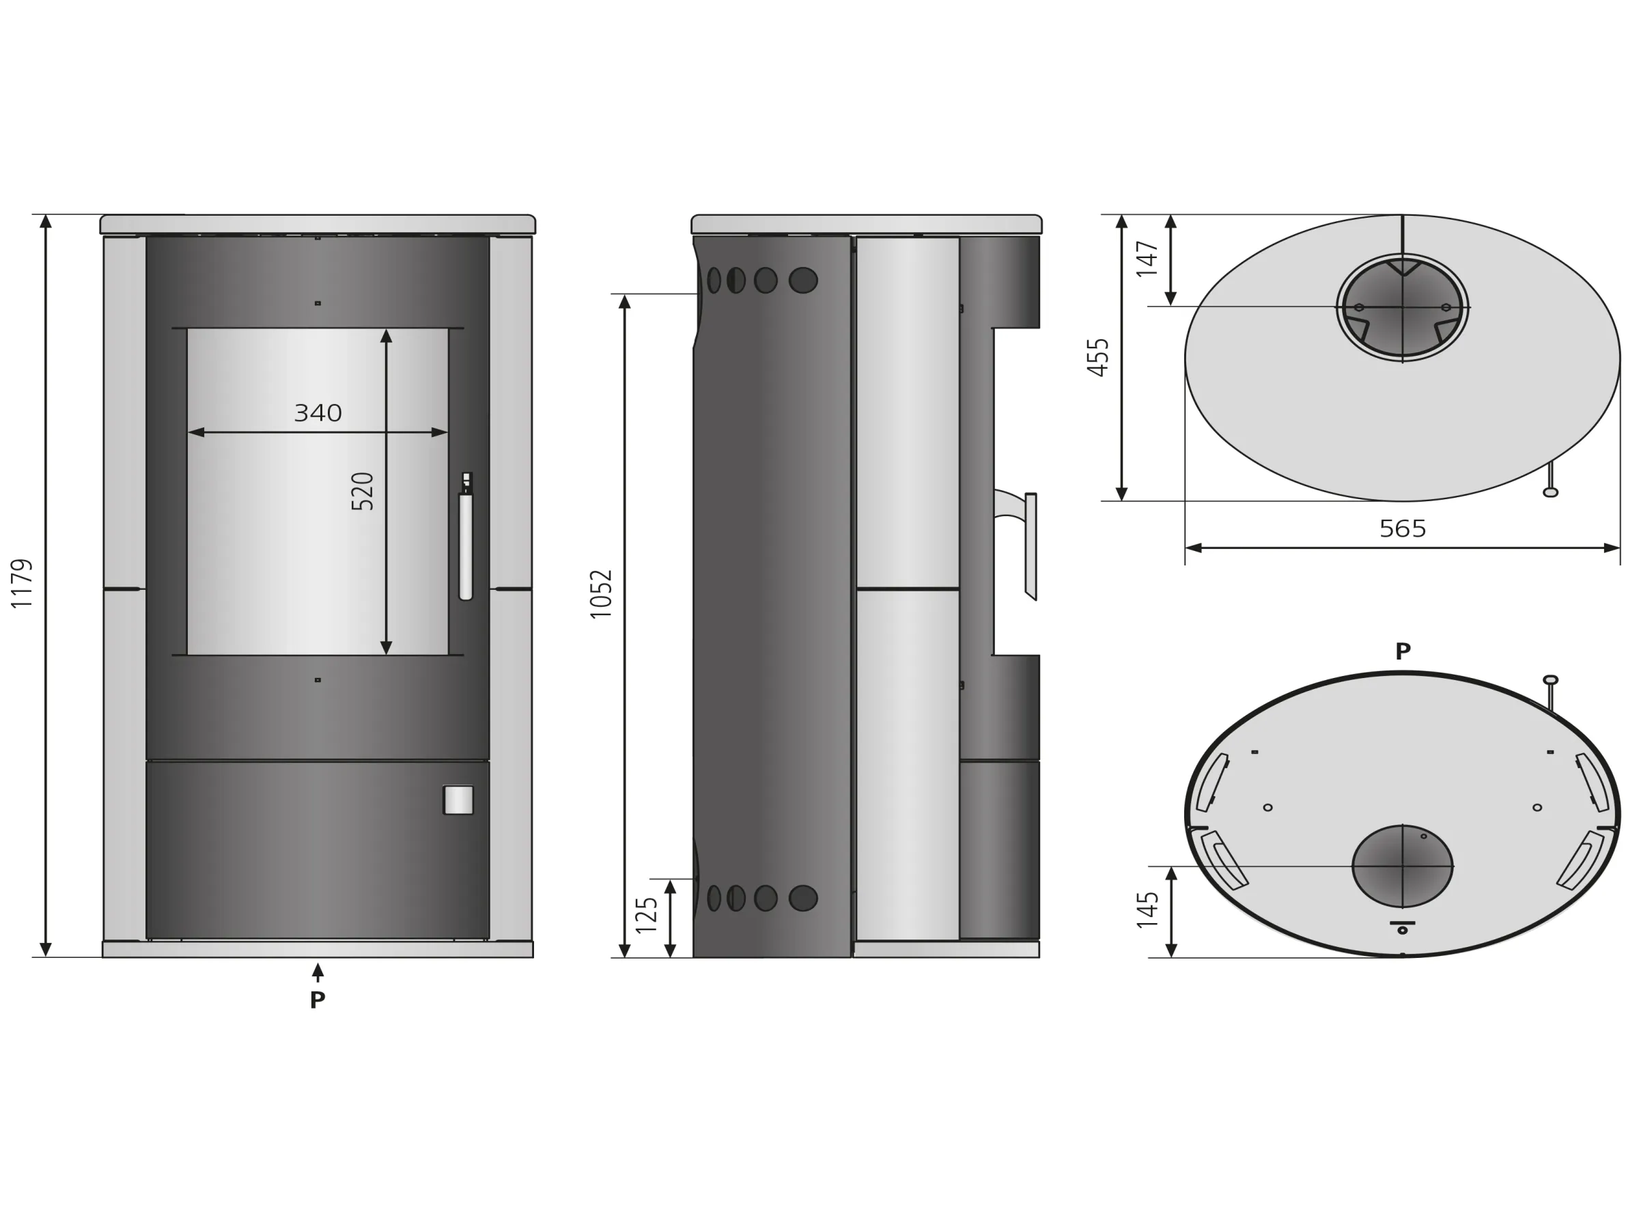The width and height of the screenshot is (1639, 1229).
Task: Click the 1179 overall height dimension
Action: click(x=23, y=584)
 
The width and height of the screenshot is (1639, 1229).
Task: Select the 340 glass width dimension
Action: click(x=318, y=412)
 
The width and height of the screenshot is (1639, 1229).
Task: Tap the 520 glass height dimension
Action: click(x=363, y=491)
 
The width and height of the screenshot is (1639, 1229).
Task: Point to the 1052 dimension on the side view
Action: click(x=601, y=594)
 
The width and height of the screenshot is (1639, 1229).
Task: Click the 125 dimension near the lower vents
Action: click(x=646, y=915)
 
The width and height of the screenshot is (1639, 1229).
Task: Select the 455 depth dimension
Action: click(x=1098, y=357)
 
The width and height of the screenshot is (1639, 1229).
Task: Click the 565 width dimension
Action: click(x=1403, y=528)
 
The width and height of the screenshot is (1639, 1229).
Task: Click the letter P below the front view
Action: click(x=317, y=1000)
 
